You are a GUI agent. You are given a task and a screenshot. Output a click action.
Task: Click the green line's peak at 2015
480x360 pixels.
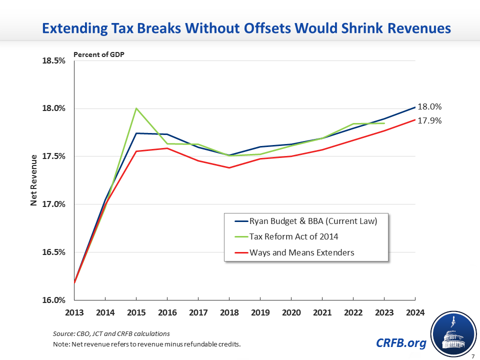pyautogui.click(x=136, y=108)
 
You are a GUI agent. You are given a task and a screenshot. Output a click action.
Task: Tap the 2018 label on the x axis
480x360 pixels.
pyautogui.click(x=229, y=313)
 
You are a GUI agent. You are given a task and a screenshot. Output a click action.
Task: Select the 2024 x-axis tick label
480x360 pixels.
pyautogui.click(x=415, y=313)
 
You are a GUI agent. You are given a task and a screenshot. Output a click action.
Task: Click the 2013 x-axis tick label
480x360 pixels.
pyautogui.click(x=74, y=313)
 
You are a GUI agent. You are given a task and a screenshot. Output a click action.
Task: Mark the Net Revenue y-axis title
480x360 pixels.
pyautogui.click(x=34, y=180)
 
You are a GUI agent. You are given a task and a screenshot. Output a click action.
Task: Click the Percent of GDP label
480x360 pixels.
pyautogui.click(x=98, y=54)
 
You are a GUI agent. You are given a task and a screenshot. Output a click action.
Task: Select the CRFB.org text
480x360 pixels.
pyautogui.click(x=401, y=343)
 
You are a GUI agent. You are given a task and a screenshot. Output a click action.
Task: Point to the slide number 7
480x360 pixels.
pyautogui.click(x=472, y=355)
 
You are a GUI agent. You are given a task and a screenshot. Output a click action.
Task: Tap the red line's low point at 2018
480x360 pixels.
pyautogui.click(x=229, y=167)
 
